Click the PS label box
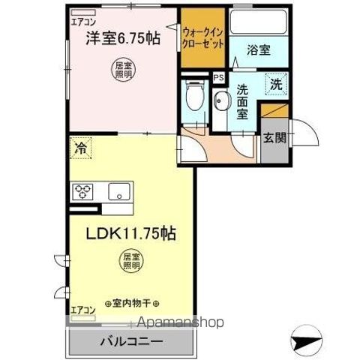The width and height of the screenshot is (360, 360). (x=218, y=76)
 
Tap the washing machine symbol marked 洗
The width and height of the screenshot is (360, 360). (x=275, y=85)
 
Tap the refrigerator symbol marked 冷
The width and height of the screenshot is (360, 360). (x=79, y=147)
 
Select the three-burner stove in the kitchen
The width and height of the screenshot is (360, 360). (x=83, y=192)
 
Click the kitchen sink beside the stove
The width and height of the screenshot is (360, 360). (x=119, y=192)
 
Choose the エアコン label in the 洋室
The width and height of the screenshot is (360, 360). (x=82, y=22)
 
